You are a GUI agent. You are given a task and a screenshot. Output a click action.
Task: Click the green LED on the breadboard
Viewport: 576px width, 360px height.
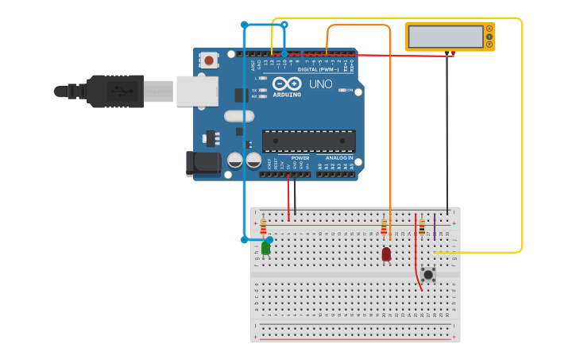[265, 248]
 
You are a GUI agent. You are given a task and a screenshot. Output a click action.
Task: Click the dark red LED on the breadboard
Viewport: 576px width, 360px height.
[386, 254]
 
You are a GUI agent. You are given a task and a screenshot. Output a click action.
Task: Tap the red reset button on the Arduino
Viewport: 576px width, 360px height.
[210, 60]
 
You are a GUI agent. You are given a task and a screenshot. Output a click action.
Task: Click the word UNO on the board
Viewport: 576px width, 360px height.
[320, 84]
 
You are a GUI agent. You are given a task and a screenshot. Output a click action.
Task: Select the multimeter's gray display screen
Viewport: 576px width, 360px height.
[445, 37]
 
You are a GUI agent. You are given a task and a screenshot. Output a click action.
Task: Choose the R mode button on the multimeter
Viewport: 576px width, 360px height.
[489, 45]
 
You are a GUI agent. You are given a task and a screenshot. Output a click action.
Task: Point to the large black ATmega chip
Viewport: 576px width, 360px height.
[309, 141]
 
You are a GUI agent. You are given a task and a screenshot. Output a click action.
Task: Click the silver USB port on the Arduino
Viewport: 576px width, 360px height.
[196, 91]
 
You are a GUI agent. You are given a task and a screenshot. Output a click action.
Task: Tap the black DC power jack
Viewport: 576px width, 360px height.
[202, 163]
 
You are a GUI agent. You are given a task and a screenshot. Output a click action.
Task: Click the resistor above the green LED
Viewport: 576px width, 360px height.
[264, 227]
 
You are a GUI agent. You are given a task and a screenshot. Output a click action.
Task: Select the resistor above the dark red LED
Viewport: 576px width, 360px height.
[384, 227]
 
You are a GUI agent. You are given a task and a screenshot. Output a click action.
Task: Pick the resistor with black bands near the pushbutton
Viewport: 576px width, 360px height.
[422, 226]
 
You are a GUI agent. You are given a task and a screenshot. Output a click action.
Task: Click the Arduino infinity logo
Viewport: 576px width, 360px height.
[287, 83]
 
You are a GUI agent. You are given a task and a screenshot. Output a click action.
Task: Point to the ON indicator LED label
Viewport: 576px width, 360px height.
[350, 91]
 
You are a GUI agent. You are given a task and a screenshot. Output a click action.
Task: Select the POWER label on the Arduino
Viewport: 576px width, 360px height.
[300, 157]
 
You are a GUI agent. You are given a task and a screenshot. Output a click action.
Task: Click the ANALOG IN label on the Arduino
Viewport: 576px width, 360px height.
[339, 157]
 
